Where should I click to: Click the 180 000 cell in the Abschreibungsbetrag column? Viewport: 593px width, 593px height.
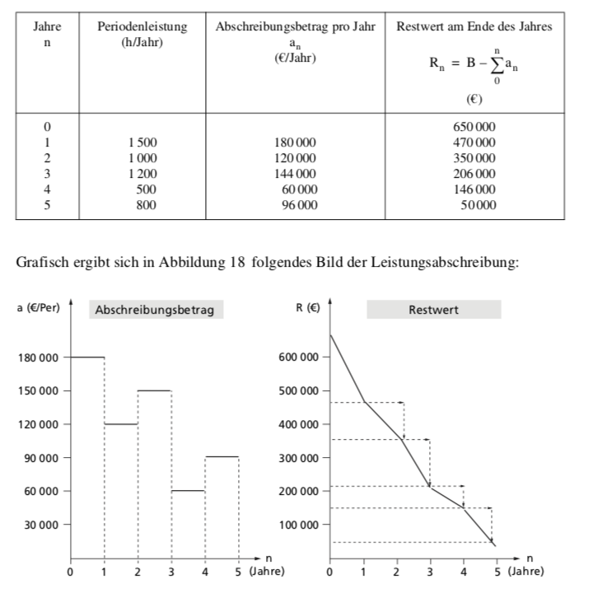[295, 142]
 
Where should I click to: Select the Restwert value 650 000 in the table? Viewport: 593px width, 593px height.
[474, 127]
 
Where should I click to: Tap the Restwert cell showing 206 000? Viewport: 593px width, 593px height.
[474, 174]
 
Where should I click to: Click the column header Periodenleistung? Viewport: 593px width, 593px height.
[142, 27]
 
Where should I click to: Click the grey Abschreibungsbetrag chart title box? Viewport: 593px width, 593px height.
[155, 311]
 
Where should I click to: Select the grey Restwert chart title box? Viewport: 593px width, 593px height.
[433, 311]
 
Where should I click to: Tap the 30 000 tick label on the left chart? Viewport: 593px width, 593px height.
[39, 525]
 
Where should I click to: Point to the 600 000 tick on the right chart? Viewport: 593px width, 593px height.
[298, 357]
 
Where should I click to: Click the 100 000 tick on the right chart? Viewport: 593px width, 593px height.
[298, 525]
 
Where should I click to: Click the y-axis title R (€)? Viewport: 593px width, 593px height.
[307, 308]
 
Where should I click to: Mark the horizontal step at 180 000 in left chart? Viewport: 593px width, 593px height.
[87, 357]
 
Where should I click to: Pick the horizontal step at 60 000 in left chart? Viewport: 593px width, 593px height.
[189, 490]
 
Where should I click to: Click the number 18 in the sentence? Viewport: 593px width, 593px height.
[238, 263]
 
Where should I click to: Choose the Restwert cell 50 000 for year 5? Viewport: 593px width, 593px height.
[477, 205]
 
